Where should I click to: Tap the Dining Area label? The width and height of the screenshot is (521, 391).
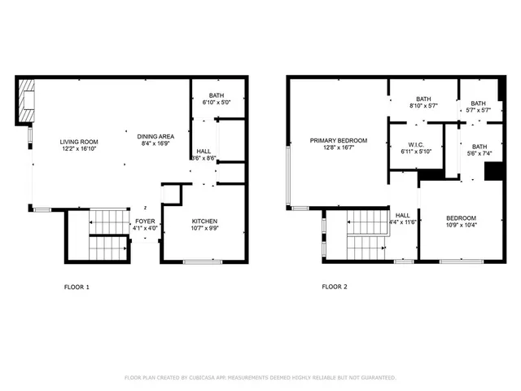point(155,136)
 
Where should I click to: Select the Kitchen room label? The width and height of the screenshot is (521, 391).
point(204,222)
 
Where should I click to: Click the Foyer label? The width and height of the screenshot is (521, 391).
point(144,221)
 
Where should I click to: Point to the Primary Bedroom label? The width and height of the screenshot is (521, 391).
point(338,140)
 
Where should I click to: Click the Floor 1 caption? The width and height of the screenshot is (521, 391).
point(77,287)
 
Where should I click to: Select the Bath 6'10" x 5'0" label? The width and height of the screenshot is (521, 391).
point(216,95)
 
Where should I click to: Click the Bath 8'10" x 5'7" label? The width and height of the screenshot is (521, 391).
point(423,99)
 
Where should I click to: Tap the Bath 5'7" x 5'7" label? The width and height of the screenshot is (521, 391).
point(478,103)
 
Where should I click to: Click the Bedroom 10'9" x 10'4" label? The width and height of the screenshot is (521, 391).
point(461,218)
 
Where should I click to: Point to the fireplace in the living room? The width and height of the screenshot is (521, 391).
point(26,101)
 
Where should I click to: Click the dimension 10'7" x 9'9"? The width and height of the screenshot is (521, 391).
point(204,229)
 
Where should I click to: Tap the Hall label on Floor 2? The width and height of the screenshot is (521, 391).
point(403,215)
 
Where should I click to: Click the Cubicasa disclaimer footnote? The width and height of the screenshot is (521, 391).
point(260,378)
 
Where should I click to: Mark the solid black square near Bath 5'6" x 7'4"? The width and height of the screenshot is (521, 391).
point(492,171)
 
